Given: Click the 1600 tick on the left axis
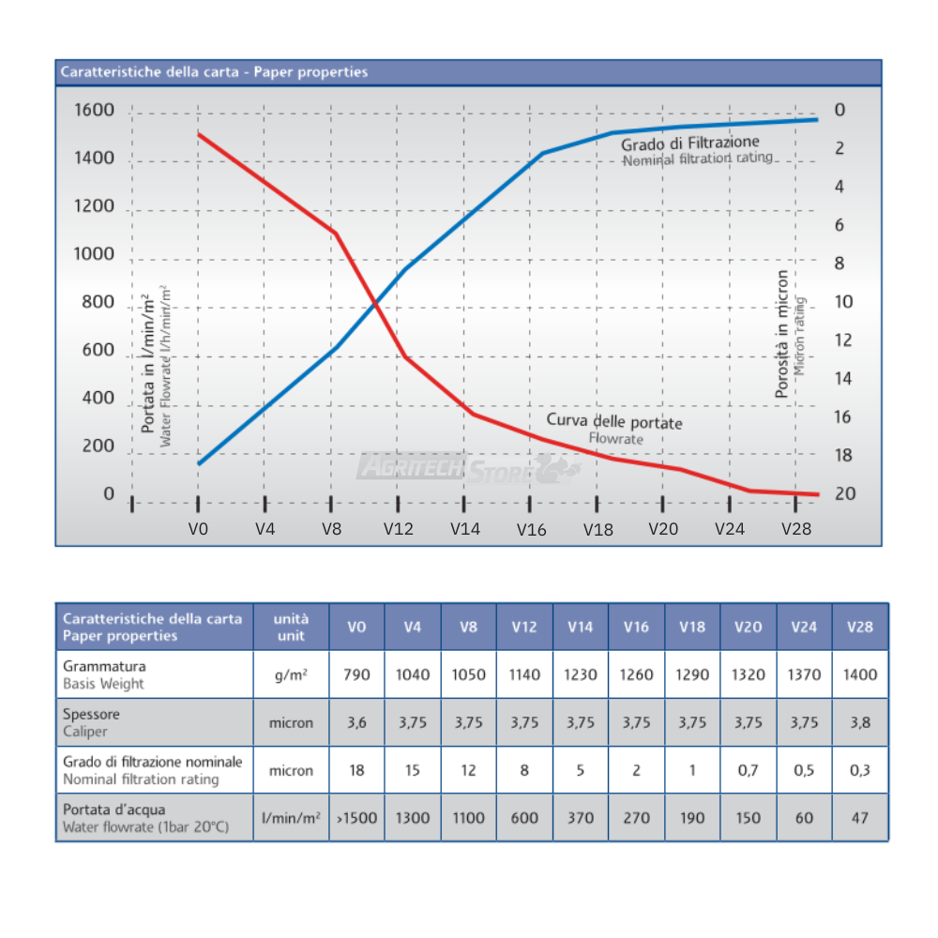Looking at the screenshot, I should tap(94, 111).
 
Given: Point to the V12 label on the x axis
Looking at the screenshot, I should tap(398, 529).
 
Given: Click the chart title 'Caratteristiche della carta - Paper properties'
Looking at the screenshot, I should tap(214, 72).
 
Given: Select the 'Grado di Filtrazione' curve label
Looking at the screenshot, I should tap(689, 143).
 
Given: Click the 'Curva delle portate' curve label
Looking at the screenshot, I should tap(614, 422).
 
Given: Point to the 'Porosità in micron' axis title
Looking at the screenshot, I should tap(782, 335).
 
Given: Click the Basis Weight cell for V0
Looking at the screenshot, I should tap(356, 674).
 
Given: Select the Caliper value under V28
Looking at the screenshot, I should tap(859, 722).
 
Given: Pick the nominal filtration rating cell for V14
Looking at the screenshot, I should tap(581, 771).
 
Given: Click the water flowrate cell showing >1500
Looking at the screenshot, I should tap(356, 818).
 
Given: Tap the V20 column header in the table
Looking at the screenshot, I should tap(749, 627).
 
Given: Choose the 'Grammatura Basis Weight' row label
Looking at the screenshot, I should tap(104, 674).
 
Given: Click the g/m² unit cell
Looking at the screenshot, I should tap(291, 674).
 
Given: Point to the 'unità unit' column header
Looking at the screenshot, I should tap(291, 627).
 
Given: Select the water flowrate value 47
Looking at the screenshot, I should tap(859, 818).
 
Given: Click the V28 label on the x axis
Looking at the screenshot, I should tap(795, 529).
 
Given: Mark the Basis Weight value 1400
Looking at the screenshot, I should tap(859, 674).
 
